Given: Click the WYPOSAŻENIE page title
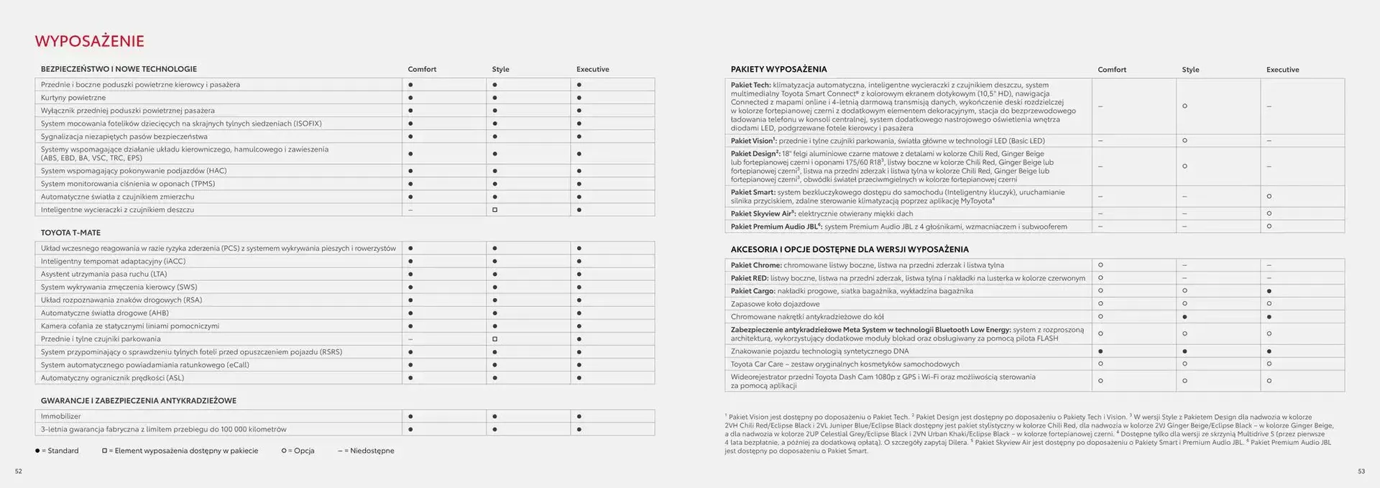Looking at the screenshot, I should pos(90,41).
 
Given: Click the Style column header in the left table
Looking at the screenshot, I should pos(500,70).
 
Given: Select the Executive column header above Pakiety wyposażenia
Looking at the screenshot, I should pos(1282,70).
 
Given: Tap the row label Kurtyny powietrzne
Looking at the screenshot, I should pos(73,98).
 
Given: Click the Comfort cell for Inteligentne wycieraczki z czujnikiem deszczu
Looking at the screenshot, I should pos(410,210).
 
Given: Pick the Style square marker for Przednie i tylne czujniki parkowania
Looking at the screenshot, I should pos(494,339).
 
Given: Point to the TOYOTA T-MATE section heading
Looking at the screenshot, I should pos(70,233).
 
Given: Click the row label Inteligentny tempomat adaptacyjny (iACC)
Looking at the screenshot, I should pos(113,262).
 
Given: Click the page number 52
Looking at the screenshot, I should pos(19,471).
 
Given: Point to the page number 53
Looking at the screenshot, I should pos(1361,471).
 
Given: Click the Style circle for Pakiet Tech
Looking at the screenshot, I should pos(1184,106).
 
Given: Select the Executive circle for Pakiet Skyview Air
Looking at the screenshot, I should pos(1269,213).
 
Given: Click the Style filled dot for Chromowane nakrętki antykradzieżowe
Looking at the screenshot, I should pos(1184,317).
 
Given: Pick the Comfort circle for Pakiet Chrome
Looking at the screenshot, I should pos(1100,265).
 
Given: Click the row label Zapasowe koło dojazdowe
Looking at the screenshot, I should pos(775,304).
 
